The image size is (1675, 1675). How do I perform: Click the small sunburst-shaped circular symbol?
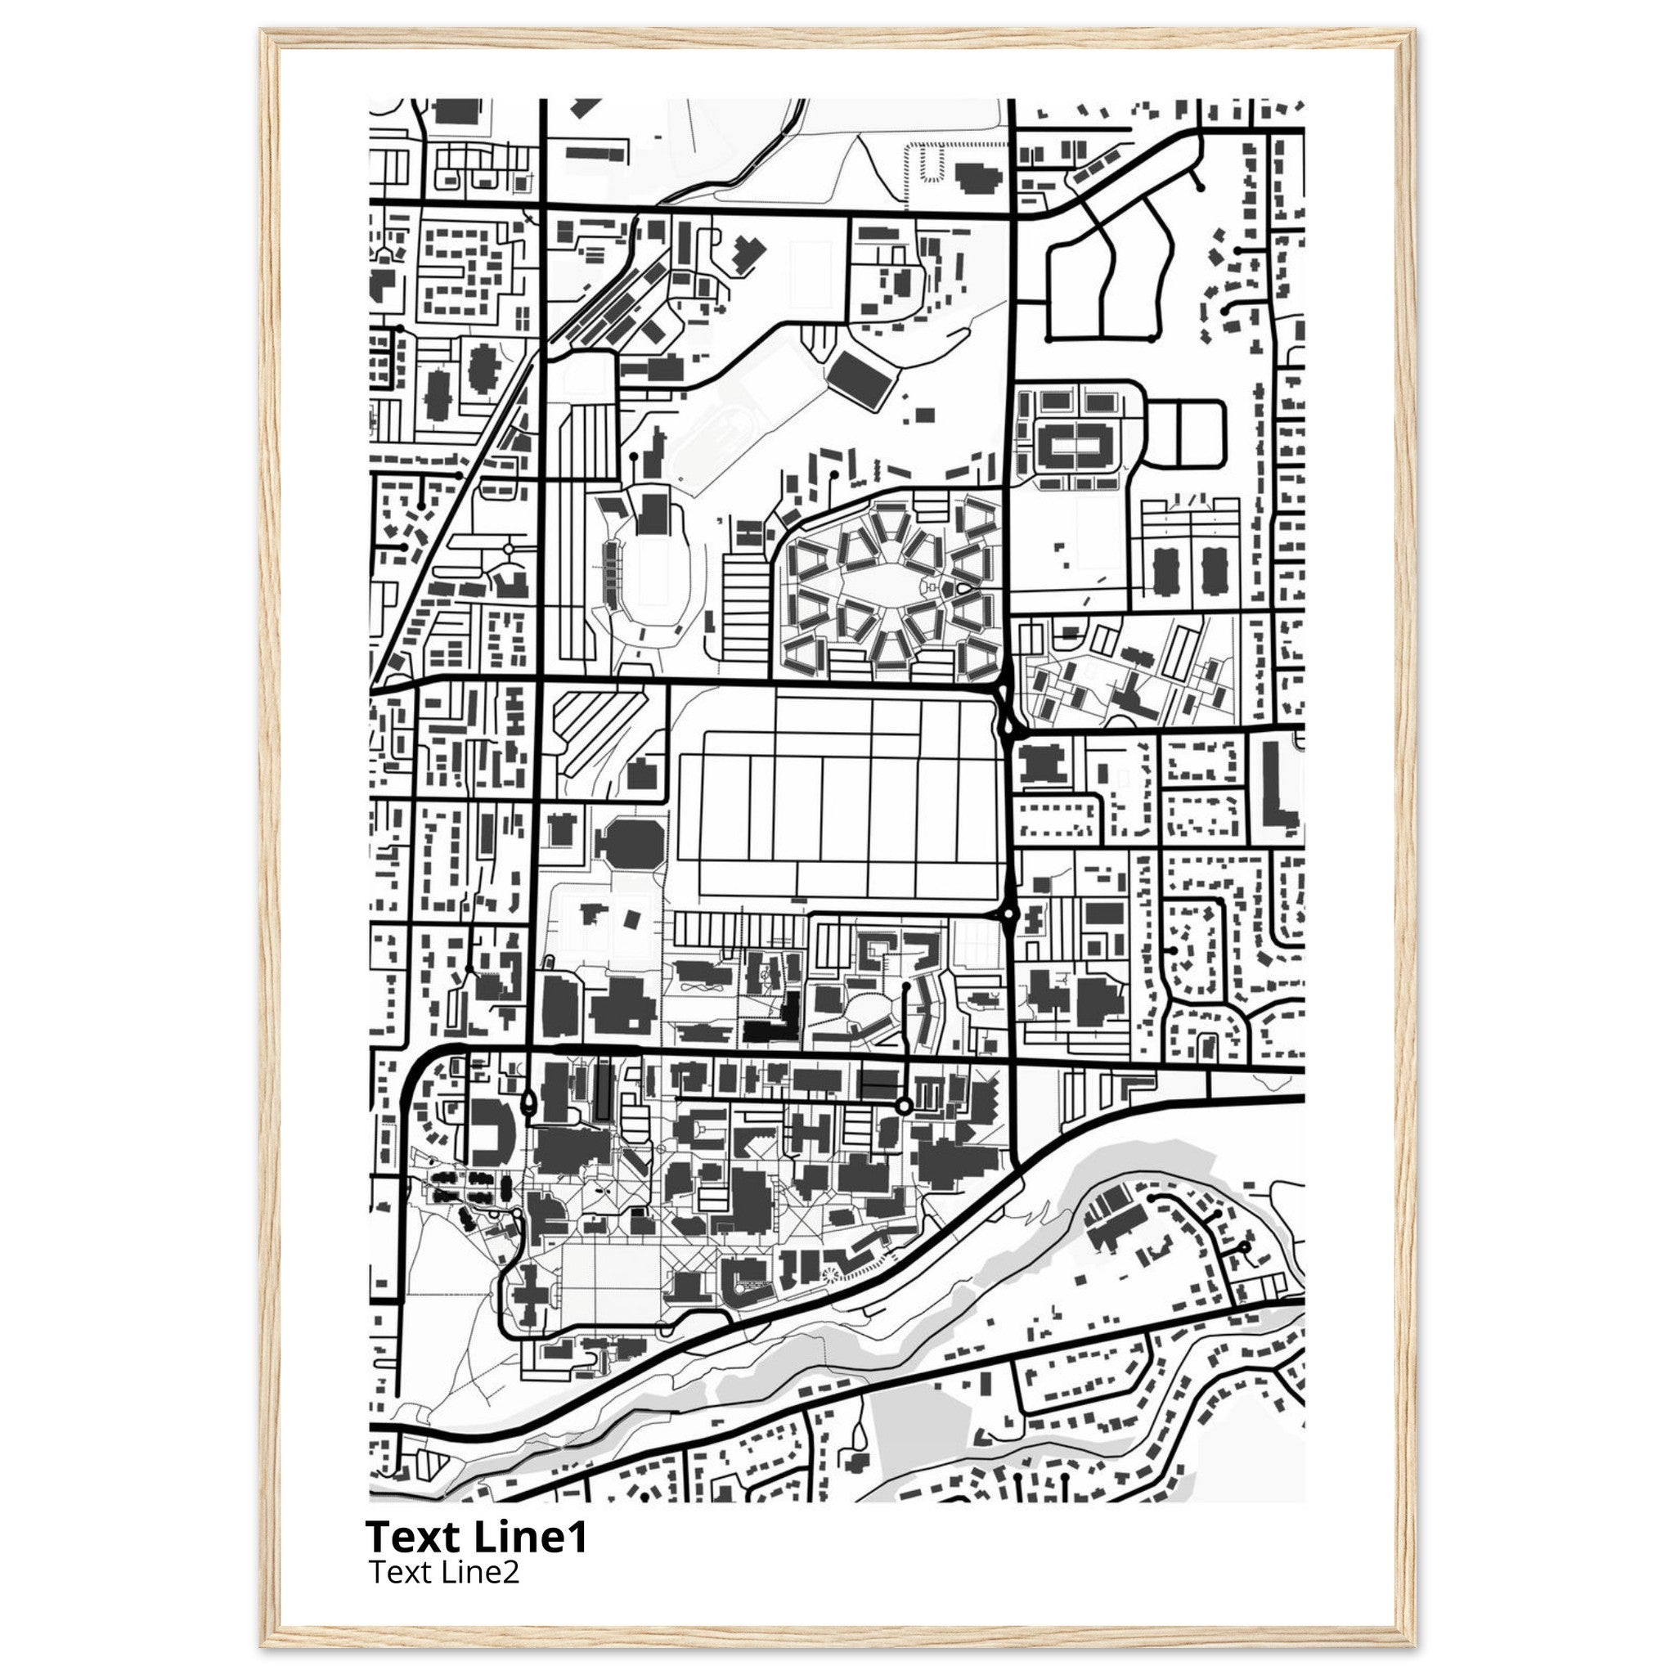pyautogui.click(x=832, y=1300)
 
